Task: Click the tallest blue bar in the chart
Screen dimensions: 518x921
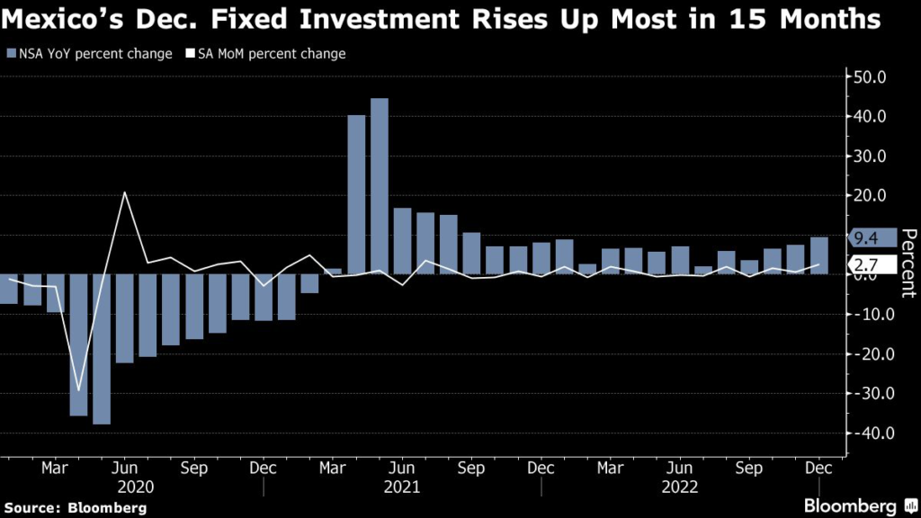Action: tap(379, 185)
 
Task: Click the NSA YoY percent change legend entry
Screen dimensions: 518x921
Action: tap(89, 54)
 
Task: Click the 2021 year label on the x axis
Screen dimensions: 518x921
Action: tap(402, 486)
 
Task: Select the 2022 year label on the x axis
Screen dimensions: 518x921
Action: tap(680, 486)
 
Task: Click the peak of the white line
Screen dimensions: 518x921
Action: tap(125, 192)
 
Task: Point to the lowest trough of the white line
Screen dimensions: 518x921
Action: tap(79, 390)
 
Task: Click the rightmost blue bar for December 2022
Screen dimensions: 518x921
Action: tap(818, 255)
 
